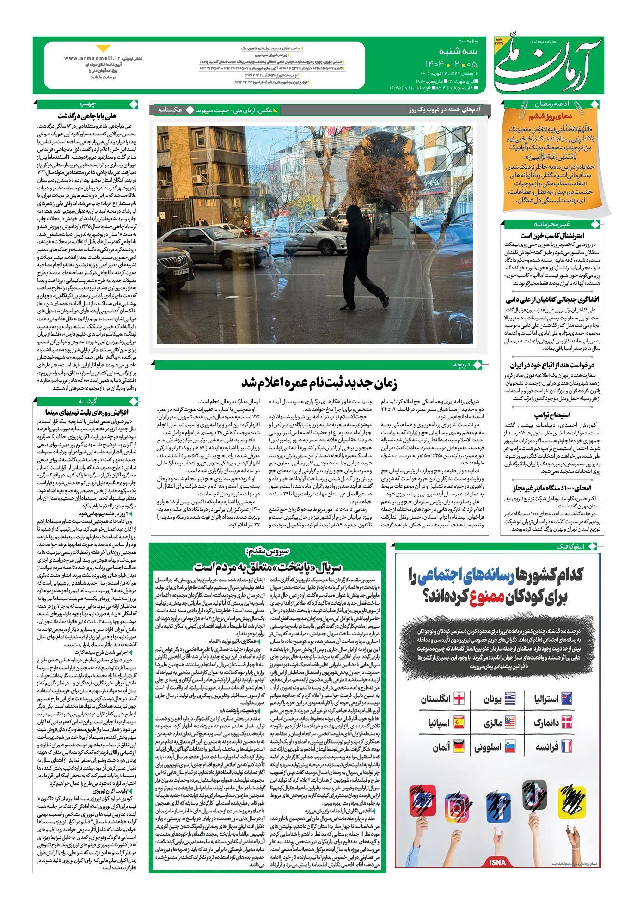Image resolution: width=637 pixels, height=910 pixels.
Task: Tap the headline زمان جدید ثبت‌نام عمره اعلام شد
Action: (x=319, y=383)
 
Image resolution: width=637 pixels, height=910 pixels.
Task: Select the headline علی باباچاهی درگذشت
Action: (x=87, y=116)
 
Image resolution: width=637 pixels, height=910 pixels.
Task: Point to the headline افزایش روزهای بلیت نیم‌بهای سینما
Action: (x=87, y=412)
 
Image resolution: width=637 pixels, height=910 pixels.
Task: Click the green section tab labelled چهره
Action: (x=87, y=104)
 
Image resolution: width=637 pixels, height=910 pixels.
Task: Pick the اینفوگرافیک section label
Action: (x=570, y=547)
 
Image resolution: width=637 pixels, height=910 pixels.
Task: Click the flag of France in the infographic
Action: (x=566, y=746)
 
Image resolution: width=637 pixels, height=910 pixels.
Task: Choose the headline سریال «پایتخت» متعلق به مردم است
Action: (x=267, y=567)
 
